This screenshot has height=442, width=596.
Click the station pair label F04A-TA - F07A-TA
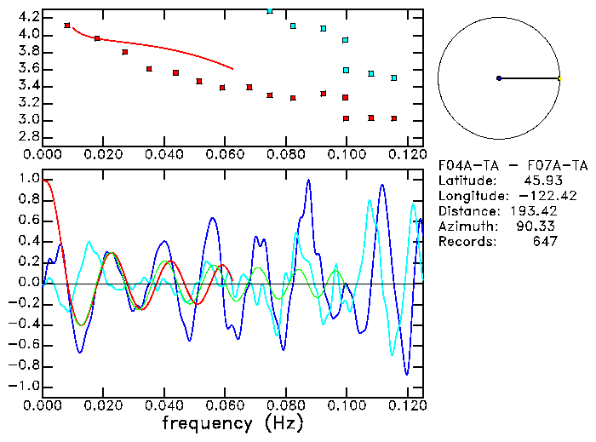pos(512,165)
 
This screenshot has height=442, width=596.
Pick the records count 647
pos(542,242)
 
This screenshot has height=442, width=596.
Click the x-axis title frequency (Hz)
pos(232,423)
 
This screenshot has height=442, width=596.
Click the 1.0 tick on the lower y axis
pos(28,179)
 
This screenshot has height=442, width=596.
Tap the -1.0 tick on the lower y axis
pos(26,386)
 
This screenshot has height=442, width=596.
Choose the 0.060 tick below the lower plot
pos(225,404)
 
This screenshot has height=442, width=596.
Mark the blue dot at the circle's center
pos(499,78)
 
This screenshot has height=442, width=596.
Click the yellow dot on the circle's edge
pos(559,78)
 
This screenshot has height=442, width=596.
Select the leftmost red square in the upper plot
pos(67,26)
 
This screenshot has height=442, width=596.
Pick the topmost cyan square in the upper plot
pos(270,11)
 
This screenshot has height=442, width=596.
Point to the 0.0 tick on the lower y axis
pos(28,283)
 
